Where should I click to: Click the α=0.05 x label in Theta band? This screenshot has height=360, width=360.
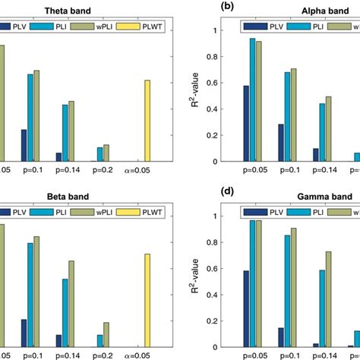142,171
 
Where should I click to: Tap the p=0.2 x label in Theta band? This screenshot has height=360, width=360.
101,171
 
